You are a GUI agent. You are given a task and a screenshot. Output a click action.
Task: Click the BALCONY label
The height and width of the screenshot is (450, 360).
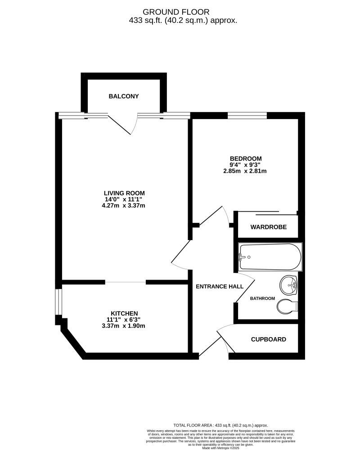pyautogui.click(x=124, y=96)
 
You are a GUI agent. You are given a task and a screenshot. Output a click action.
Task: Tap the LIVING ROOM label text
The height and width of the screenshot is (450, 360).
pyautogui.click(x=124, y=193)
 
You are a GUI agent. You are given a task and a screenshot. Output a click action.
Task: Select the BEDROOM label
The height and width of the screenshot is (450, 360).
pyautogui.click(x=246, y=158)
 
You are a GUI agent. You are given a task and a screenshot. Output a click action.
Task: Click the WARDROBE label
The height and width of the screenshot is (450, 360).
pyautogui.click(x=269, y=227)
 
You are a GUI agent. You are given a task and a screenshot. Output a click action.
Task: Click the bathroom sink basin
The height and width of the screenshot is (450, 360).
pyautogui.click(x=288, y=284)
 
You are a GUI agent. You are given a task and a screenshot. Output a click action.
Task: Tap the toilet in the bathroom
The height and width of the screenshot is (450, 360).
pyautogui.click(x=287, y=307)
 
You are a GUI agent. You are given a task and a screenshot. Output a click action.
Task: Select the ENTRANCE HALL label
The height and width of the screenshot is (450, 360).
pyautogui.click(x=220, y=286)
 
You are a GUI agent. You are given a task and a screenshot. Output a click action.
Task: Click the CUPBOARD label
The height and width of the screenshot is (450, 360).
pyautogui.click(x=268, y=339)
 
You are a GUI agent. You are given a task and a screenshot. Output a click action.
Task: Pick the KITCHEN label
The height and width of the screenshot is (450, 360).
pyautogui.click(x=124, y=313)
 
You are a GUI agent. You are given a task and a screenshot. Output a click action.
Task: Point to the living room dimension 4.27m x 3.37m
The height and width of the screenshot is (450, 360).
pyautogui.click(x=124, y=206)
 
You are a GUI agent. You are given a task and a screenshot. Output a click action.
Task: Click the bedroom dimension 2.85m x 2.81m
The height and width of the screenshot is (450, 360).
pyautogui.click(x=246, y=171)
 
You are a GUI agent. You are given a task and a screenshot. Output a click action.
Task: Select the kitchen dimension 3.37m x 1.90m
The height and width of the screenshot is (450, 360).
pyautogui.click(x=124, y=326)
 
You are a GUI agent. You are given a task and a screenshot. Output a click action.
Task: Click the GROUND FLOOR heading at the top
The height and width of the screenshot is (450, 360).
pyautogui.click(x=176, y=11)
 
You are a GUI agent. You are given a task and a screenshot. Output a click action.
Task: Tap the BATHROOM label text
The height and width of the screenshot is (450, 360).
pyautogui.click(x=262, y=299)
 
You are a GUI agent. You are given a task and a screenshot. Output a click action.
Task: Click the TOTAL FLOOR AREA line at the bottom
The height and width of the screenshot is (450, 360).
pyautogui.click(x=220, y=425)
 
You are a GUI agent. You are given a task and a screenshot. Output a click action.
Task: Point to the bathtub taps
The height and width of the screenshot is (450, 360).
pyautogui.click(x=242, y=257)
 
